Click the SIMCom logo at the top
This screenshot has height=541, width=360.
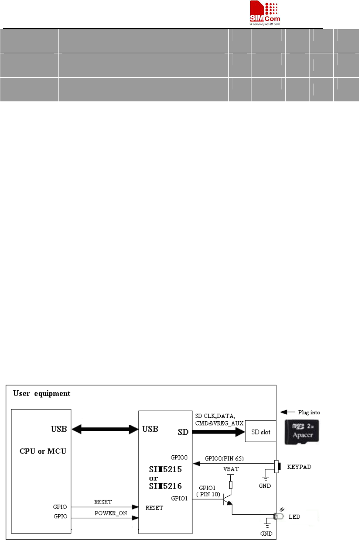(265, 13)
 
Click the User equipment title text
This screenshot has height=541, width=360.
(42, 394)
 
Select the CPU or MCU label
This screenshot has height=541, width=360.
(43, 451)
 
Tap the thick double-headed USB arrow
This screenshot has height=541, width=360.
(105, 429)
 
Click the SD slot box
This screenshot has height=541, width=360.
(261, 432)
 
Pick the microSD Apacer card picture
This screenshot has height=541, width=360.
(302, 432)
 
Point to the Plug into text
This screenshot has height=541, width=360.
(309, 412)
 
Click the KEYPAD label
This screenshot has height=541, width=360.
(299, 467)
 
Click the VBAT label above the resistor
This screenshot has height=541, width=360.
(231, 469)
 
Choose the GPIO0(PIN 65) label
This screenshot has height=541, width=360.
(224, 458)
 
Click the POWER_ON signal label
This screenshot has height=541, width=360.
(111, 513)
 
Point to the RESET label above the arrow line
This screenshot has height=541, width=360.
(103, 502)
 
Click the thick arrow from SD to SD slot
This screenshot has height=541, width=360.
(218, 432)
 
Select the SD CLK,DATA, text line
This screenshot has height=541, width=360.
(215, 416)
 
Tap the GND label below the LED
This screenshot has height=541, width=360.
(266, 533)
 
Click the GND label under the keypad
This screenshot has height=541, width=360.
(265, 486)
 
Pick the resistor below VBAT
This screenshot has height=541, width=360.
(231, 485)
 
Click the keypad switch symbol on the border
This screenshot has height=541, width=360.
(277, 466)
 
